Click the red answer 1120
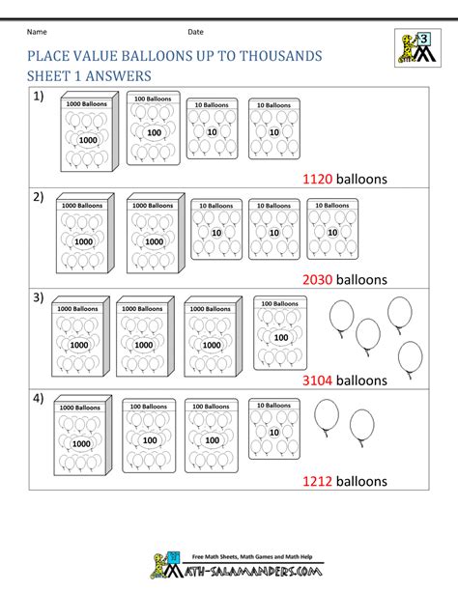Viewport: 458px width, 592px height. (319, 178)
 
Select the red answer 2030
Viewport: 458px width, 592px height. (319, 279)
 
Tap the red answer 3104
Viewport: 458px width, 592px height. (319, 381)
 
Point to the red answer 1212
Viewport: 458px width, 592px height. (319, 481)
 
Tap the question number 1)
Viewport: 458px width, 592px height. (38, 98)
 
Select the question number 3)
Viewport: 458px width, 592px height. (38, 298)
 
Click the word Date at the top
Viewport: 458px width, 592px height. (195, 33)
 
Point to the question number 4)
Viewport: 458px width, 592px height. (38, 399)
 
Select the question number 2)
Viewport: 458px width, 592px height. (38, 198)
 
